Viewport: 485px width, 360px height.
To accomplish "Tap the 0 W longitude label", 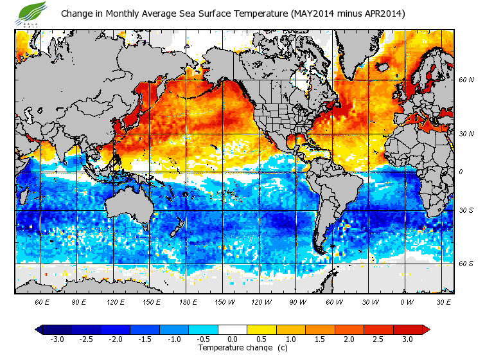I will click(x=406, y=301).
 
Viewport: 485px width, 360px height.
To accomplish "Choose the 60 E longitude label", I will click(x=42, y=301).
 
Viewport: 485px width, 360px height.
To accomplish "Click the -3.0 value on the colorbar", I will click(x=57, y=339).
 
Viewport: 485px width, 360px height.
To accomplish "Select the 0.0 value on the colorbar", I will click(x=232, y=339).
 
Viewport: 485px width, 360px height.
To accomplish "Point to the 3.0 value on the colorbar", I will click(x=408, y=339).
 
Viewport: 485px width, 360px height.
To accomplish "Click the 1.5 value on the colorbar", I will click(x=320, y=339).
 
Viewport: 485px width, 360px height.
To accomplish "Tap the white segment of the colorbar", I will click(x=232, y=330).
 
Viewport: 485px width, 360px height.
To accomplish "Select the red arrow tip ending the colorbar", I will click(x=425, y=330).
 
